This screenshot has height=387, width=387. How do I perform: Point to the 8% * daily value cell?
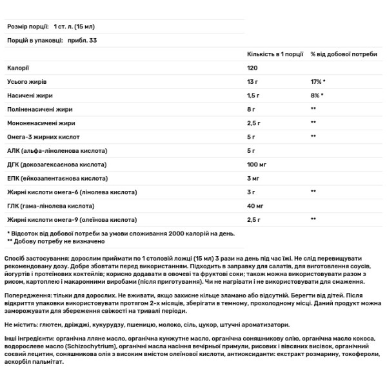(316, 95)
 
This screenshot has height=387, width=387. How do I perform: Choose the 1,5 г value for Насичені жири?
(255, 95)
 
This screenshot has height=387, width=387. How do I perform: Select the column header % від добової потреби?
(343, 54)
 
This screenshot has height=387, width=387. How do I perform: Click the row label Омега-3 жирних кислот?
(41, 137)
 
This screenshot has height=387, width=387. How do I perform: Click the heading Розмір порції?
(30, 26)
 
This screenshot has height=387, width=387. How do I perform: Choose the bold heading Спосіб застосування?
(37, 257)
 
